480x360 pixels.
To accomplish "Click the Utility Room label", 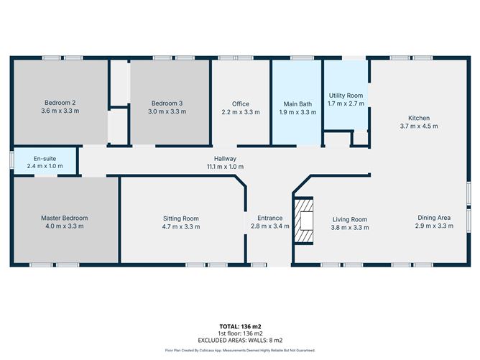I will [346, 95].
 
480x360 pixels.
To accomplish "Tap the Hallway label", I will [225, 159].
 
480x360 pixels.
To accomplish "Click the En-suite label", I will [45, 158].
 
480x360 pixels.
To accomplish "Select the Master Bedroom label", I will [64, 218].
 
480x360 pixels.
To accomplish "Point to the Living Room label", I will [350, 219].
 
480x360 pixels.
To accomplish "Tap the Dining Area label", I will [435, 218].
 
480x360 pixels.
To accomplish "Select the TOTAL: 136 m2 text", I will [239, 326].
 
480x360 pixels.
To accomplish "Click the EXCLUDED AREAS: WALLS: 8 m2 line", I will [239, 340].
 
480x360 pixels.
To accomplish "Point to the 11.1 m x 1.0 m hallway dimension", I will [225, 167].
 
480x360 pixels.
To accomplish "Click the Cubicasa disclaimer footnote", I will [239, 350].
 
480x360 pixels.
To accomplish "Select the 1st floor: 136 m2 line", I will [239, 333].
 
